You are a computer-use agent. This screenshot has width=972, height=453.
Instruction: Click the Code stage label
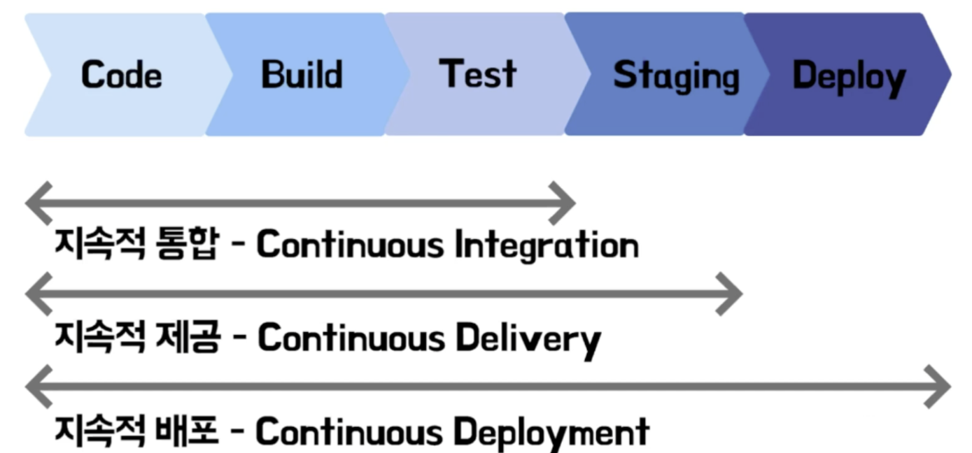[121, 75]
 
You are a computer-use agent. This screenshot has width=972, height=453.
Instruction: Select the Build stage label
[302, 75]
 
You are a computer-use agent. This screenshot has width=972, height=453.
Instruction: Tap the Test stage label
[477, 73]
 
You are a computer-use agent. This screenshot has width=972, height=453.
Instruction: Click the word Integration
[547, 245]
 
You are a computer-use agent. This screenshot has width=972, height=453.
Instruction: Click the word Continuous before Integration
[350, 245]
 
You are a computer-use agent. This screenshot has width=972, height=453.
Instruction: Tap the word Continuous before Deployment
[349, 432]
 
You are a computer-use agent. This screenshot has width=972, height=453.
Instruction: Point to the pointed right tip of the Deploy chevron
[948, 73]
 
